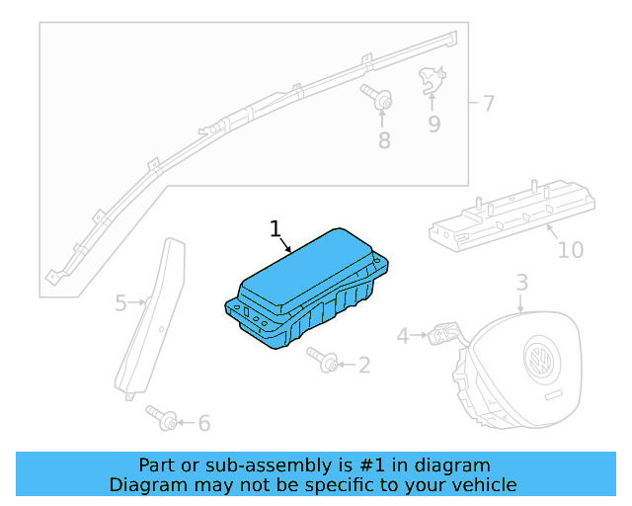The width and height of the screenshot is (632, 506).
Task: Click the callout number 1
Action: pos(276,230)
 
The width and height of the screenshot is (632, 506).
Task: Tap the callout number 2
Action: pos(364,366)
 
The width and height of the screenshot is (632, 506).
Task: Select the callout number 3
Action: pos(522,284)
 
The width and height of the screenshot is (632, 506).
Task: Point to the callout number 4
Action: pos(403,337)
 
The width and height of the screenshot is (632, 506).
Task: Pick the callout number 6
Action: pos(204,424)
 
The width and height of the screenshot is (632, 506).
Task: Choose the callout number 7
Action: pos(489,103)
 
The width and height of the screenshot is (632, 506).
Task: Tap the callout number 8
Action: pos(384,141)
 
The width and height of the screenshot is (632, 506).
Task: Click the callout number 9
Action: pos(434,124)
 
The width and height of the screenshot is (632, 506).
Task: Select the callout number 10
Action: pos(571,250)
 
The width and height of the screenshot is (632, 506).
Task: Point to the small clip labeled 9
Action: pos(431,80)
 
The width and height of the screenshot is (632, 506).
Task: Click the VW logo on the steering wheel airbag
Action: pos(539,357)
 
